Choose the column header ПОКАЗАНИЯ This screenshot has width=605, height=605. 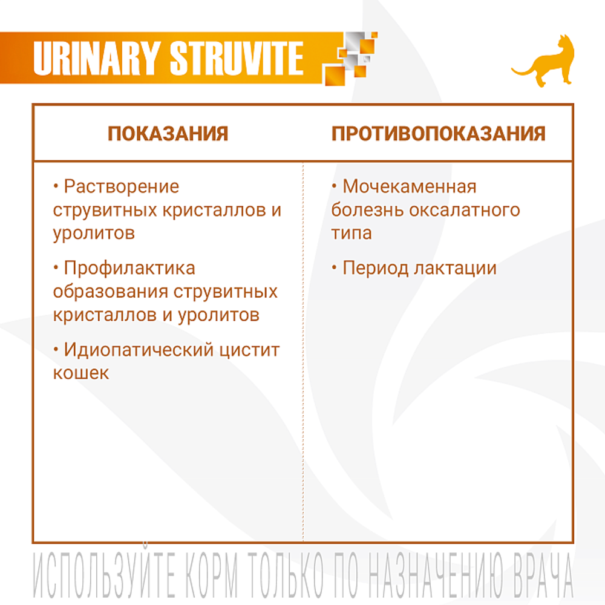pyautogui.click(x=168, y=134)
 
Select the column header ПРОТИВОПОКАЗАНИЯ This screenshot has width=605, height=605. pyautogui.click(x=438, y=134)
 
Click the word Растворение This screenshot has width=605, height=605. pyautogui.click(x=122, y=186)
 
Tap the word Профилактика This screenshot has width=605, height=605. pyautogui.click(x=129, y=267)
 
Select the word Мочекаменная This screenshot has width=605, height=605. pyautogui.click(x=410, y=186)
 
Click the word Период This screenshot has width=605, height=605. pyautogui.click(x=375, y=268)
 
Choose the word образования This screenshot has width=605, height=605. pyautogui.click(x=109, y=291)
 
